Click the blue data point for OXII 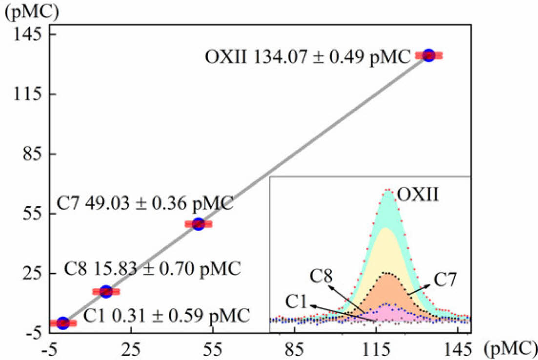[429, 55]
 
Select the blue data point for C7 [198, 224]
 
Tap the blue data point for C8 [105, 292]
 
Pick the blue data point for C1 [62, 323]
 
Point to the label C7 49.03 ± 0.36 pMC [145, 203]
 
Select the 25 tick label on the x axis [130, 349]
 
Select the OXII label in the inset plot [418, 196]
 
